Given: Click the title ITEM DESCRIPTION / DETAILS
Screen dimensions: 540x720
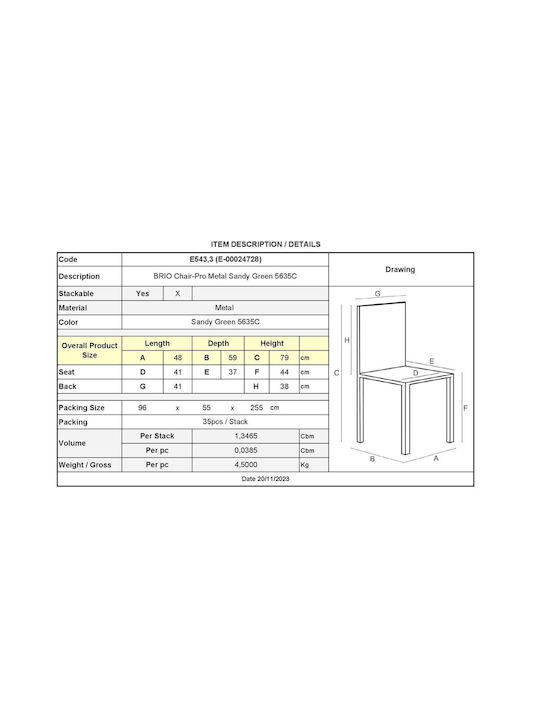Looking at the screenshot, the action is pyautogui.click(x=265, y=244).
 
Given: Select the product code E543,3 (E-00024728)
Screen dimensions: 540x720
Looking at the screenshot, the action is pyautogui.click(x=225, y=259).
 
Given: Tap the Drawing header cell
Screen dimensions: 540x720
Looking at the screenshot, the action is pyautogui.click(x=400, y=270).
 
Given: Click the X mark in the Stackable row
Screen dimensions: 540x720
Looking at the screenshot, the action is pyautogui.click(x=178, y=293).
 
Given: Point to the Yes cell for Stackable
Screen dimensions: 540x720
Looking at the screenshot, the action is pyautogui.click(x=142, y=293).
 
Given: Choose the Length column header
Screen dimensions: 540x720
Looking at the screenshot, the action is pyautogui.click(x=157, y=343).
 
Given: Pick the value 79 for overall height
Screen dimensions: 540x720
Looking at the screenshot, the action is pyautogui.click(x=284, y=358).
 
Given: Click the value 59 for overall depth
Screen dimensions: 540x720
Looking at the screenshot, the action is pyautogui.click(x=232, y=358).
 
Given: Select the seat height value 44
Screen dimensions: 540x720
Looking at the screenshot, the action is pyautogui.click(x=284, y=372).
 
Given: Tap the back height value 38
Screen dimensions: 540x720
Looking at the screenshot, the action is pyautogui.click(x=284, y=386).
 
